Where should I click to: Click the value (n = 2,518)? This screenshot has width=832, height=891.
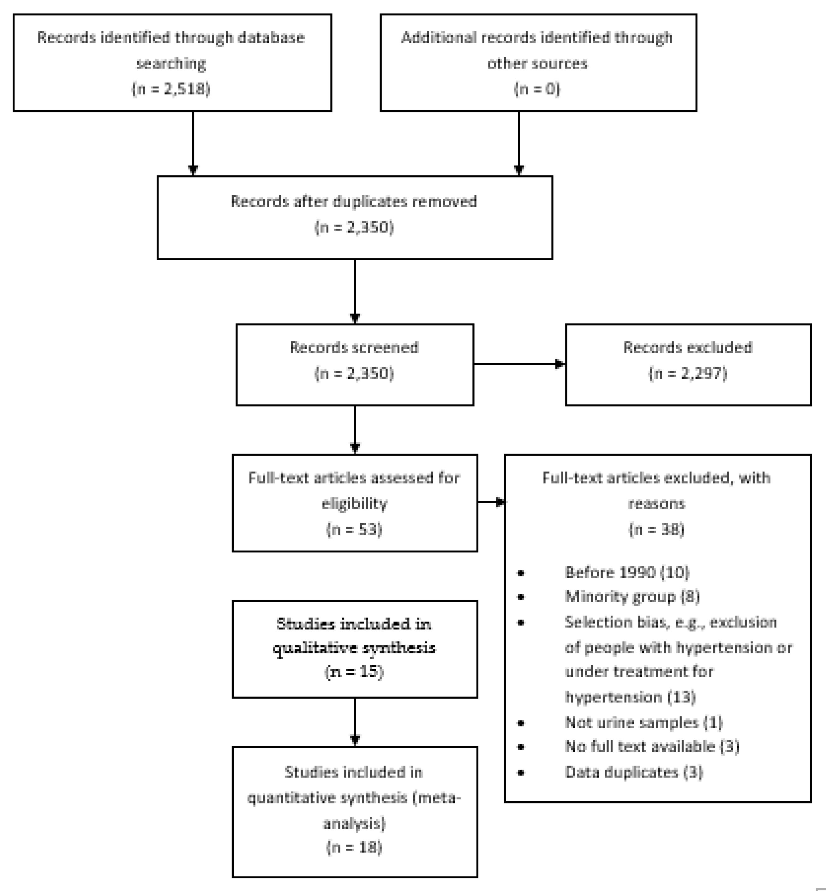point(171,89)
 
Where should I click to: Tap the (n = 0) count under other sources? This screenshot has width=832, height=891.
point(537,89)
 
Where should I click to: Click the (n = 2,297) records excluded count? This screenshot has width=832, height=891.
point(688,373)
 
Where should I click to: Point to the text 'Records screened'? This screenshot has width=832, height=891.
point(354,347)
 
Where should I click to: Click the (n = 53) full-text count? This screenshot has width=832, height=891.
point(354,529)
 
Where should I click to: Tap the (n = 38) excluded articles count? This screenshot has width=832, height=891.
point(656,529)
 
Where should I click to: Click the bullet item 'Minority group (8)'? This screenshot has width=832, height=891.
point(632,597)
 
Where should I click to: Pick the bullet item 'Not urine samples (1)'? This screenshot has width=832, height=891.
point(644,722)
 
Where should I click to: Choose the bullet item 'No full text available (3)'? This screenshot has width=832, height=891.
point(652,746)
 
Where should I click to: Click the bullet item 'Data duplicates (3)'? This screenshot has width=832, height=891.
point(634,772)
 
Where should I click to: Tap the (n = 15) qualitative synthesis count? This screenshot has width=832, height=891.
point(354,671)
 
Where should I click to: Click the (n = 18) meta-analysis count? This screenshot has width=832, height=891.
point(354,847)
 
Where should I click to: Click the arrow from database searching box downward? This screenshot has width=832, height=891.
point(193,143)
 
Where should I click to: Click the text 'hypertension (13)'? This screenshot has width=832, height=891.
point(630,697)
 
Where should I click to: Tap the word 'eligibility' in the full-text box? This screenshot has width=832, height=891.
point(354,504)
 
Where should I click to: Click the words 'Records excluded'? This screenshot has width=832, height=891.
point(688,347)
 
